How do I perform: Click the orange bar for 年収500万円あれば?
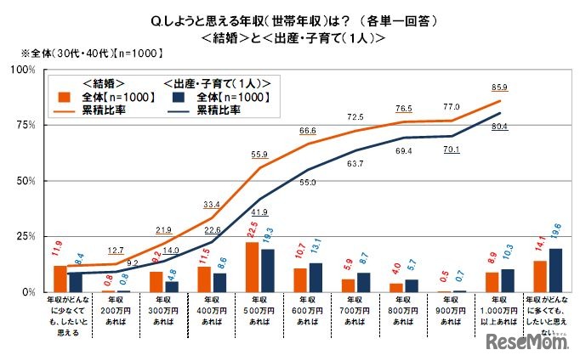point(253,267)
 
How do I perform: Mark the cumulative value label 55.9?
point(258,153)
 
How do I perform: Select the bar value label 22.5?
point(253,229)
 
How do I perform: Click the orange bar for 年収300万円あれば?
point(156,281)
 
